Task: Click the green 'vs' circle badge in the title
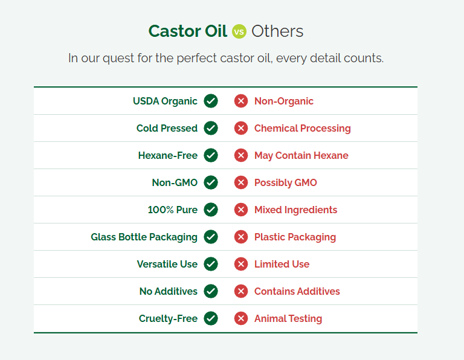[239, 31]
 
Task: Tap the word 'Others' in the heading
[277, 31]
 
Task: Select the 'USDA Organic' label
[165, 101]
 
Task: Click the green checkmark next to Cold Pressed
[211, 128]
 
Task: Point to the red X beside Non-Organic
[241, 101]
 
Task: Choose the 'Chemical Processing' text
[303, 129]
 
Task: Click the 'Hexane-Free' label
[168, 155]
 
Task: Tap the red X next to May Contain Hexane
[241, 155]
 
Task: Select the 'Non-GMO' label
[175, 182]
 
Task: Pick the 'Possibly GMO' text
[286, 183]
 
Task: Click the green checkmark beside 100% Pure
[211, 210]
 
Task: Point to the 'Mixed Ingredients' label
[296, 210]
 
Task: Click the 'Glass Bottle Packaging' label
[144, 237]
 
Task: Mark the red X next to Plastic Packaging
[241, 237]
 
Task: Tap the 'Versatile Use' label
[167, 264]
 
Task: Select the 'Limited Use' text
[282, 264]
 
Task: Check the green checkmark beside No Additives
[211, 291]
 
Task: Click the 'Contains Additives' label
[297, 291]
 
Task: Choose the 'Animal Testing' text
[288, 318]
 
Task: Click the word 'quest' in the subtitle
[118, 58]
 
